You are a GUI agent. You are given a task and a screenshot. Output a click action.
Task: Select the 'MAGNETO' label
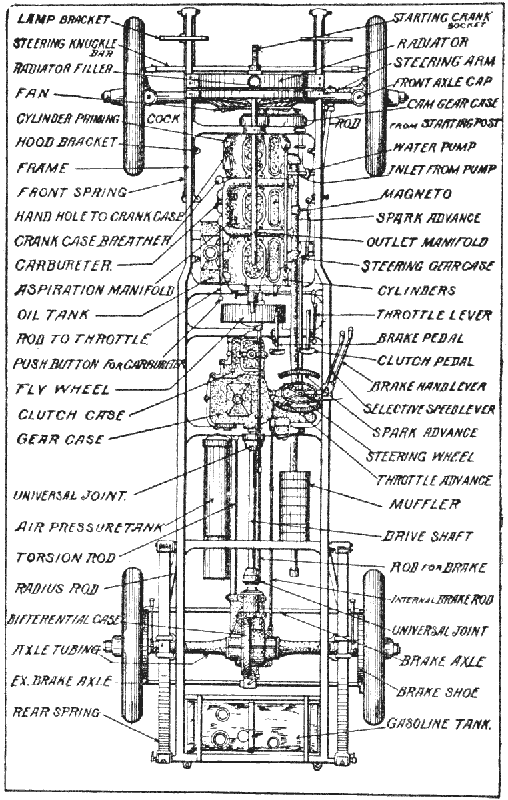tap(416, 194)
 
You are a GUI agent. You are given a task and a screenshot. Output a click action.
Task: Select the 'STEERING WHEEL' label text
tap(420, 457)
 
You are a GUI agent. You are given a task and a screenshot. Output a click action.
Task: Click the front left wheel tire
tap(134, 97)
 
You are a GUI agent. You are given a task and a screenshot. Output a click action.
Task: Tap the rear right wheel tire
tap(374, 647)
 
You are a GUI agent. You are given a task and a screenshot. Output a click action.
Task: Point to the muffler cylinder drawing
tap(295, 507)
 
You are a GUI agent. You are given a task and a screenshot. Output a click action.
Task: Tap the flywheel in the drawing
tap(247, 313)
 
